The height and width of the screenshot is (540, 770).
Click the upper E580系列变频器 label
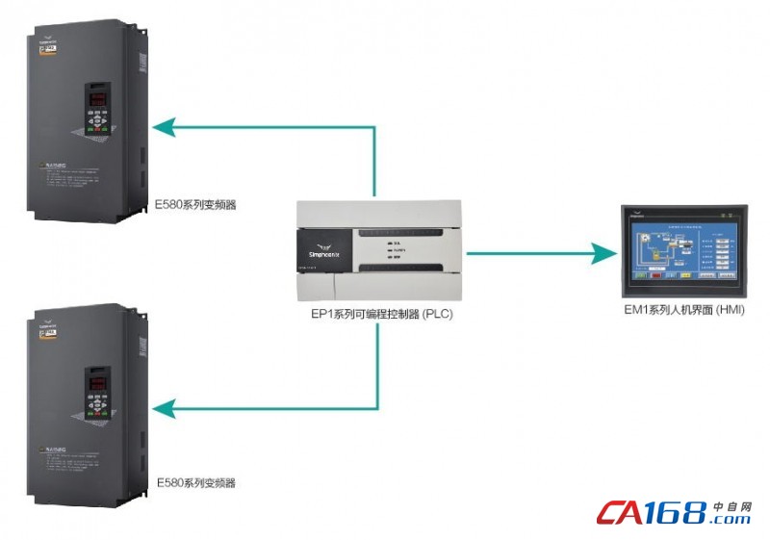pyautogui.click(x=195, y=204)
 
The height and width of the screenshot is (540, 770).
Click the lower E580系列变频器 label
pyautogui.click(x=195, y=481)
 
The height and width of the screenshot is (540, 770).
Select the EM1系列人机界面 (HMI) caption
pyautogui.click(x=684, y=309)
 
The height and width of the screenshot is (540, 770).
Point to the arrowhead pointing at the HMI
pyautogui.click(x=603, y=254)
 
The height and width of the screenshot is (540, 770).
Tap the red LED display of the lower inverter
pyautogui.click(x=99, y=379)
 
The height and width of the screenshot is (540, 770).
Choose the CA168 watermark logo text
pyautogui.click(x=651, y=513)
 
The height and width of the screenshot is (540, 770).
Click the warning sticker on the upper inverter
pyautogui.click(x=68, y=173)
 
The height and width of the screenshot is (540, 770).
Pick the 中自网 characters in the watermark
pyautogui.click(x=731, y=505)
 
